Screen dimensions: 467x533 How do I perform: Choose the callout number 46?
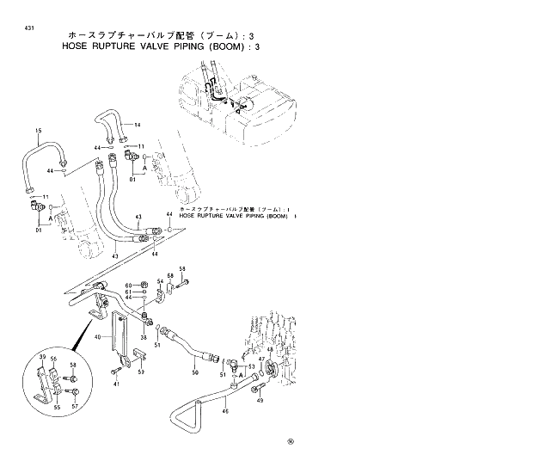225,411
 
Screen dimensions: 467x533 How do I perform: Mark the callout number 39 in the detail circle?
42,355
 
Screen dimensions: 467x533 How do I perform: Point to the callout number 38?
144,337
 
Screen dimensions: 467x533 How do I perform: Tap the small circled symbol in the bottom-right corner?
291,442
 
